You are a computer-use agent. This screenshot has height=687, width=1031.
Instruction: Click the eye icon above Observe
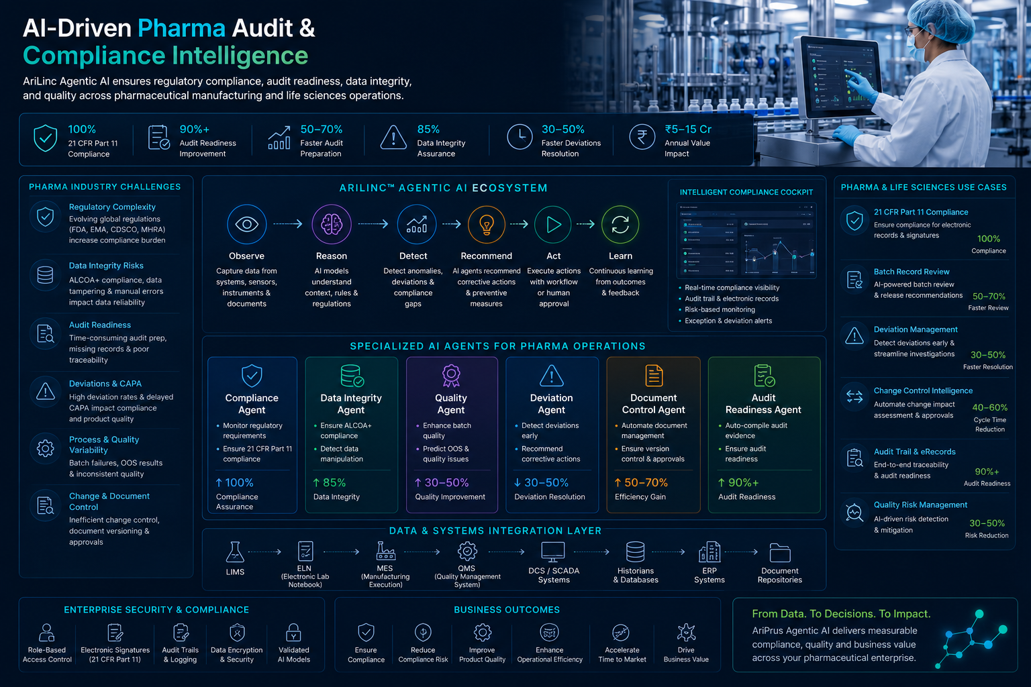coord(247,224)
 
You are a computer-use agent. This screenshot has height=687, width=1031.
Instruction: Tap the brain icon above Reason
coord(332,224)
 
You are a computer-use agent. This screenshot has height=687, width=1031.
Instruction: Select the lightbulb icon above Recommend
coord(487,225)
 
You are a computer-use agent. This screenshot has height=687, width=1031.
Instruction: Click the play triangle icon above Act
coord(553,225)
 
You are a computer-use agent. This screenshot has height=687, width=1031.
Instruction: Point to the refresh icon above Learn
coord(620,225)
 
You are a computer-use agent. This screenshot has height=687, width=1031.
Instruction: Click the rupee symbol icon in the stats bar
coord(642,137)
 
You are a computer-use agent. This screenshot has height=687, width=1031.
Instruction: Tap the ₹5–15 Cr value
coord(688,129)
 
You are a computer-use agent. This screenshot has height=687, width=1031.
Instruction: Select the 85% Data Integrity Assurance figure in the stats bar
coord(428,129)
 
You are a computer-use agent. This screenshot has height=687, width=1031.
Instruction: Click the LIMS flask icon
coord(235,551)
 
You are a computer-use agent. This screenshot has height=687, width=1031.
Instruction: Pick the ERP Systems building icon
coord(709,551)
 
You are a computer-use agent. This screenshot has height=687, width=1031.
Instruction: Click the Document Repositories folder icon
coord(780,553)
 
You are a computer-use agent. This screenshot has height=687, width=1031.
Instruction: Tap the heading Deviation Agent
coord(551,404)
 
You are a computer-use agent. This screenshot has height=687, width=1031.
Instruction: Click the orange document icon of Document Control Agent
coord(654,376)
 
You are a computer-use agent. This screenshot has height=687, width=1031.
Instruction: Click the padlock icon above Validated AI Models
coord(293,633)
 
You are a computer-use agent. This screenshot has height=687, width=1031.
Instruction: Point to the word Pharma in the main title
coord(181,28)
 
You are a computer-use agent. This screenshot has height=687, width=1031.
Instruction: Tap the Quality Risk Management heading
coord(920,505)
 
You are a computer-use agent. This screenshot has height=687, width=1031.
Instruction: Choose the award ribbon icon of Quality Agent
coord(451,376)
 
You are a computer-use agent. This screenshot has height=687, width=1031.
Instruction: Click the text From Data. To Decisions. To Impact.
coord(841,613)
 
